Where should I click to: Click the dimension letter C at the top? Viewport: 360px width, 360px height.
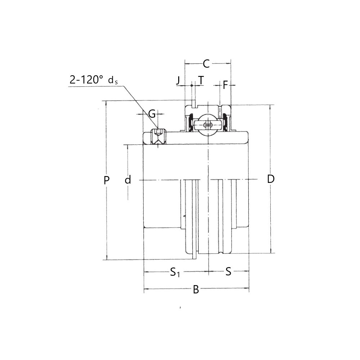click(x=206, y=64)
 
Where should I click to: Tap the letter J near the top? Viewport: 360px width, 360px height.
click(x=178, y=80)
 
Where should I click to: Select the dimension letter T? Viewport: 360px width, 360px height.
click(x=201, y=80)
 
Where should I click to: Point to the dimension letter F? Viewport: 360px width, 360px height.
click(x=225, y=85)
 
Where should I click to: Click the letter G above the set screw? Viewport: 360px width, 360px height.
click(x=152, y=114)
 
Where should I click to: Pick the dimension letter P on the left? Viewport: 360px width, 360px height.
click(x=106, y=180)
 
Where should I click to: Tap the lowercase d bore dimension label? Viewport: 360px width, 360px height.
click(x=128, y=180)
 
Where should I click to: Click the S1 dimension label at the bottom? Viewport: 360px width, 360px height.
click(x=175, y=272)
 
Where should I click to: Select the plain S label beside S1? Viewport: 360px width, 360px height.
click(x=228, y=272)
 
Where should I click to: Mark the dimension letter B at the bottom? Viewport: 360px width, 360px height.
click(x=196, y=290)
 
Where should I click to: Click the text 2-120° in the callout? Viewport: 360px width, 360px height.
click(x=86, y=80)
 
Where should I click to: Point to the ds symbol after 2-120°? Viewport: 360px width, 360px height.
click(x=113, y=80)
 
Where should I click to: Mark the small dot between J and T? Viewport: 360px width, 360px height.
click(x=192, y=85)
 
